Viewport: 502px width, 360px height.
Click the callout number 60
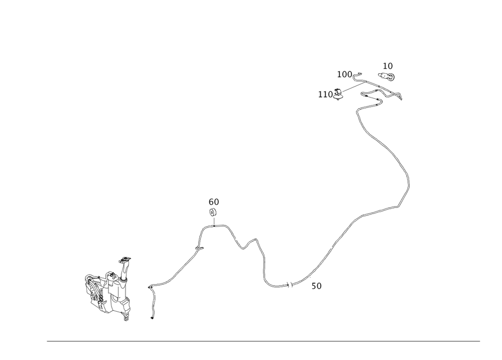[x=214, y=202]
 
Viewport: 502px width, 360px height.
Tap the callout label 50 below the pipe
[x=317, y=286]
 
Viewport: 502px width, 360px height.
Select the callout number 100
[x=345, y=74]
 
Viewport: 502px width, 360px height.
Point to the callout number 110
[x=326, y=93]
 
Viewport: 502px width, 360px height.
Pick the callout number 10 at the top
[x=388, y=66]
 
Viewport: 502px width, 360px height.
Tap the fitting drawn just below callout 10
[x=388, y=77]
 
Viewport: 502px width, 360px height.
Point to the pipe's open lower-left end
[x=152, y=318]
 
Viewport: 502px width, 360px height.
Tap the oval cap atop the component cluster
[x=125, y=260]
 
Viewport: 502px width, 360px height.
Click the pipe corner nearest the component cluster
[x=150, y=287]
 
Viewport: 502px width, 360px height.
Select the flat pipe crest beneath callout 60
[x=215, y=226]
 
